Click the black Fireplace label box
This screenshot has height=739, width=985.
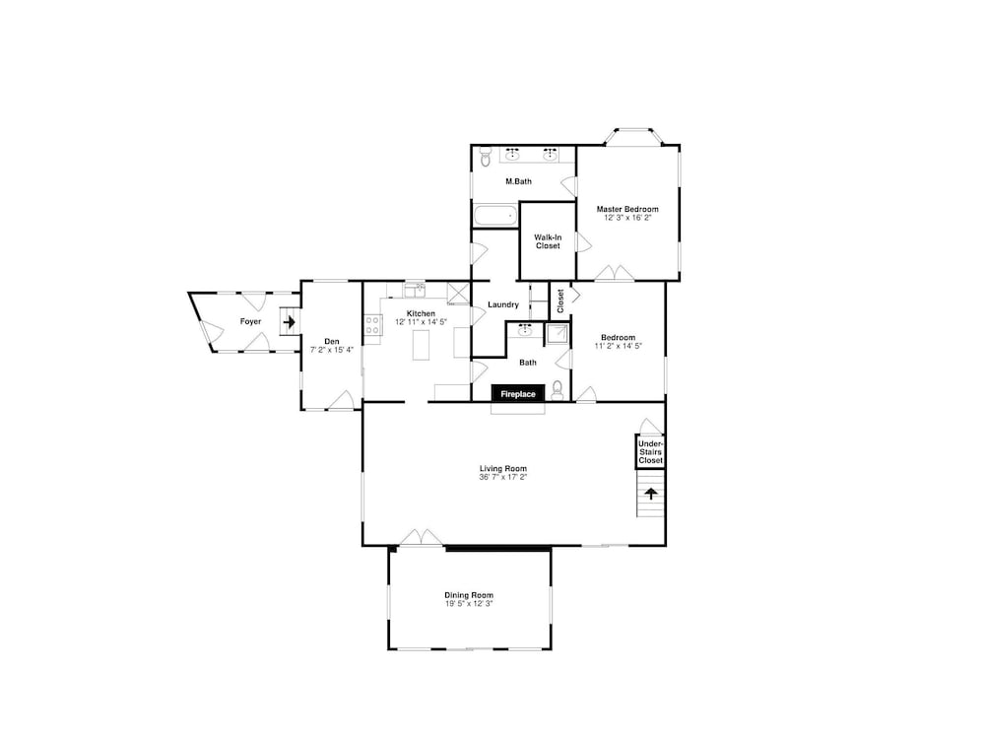click(518, 393)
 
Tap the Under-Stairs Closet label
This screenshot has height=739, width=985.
click(650, 452)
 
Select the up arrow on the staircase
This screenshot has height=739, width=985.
click(651, 494)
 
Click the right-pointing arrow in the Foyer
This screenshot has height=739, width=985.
click(289, 322)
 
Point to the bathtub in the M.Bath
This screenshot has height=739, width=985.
click(495, 216)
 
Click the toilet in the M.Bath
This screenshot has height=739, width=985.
click(485, 156)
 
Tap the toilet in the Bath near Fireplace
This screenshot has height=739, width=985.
click(558, 390)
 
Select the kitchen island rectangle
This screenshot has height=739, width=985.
click(421, 345)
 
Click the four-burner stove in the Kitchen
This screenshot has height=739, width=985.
click(373, 325)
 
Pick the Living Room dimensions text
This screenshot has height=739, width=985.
click(502, 477)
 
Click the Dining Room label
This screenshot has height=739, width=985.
click(469, 594)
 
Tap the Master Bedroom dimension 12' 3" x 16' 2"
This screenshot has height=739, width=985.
click(627, 218)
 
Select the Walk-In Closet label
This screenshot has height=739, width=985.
click(548, 241)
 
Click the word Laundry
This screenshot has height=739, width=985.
click(503, 304)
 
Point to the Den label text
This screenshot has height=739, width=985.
click(332, 341)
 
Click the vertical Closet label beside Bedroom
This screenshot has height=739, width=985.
click(560, 301)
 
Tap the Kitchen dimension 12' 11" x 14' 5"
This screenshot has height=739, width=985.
click(421, 322)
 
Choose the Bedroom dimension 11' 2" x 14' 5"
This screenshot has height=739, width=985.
click(619, 346)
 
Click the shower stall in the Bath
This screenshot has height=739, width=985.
click(557, 334)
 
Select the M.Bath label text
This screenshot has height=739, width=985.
click(518, 181)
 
